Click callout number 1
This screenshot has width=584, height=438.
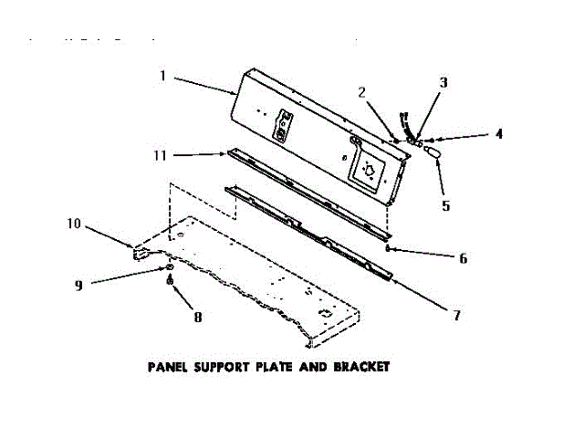pos(163,77)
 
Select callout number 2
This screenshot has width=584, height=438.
pos(362,92)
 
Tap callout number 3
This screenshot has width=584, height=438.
pos(443,83)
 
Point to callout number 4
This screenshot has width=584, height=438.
pos(499,133)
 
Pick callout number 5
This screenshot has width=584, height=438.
pos(446,206)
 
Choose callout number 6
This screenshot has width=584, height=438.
pos(463,258)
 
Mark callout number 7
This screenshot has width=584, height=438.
pos(457,316)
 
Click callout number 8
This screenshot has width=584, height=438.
pos(198,318)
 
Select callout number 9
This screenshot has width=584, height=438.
pos(79,285)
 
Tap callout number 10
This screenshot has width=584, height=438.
pos(74,222)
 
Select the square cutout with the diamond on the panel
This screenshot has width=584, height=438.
pos(369,169)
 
